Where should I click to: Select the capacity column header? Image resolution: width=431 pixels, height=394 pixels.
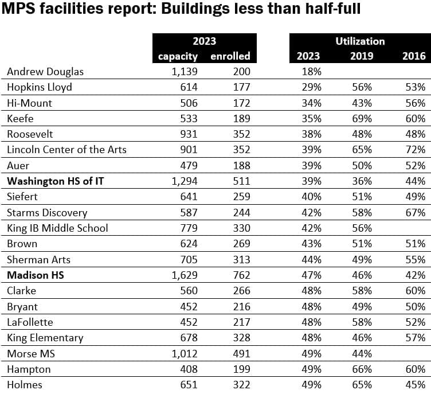[x=178, y=56]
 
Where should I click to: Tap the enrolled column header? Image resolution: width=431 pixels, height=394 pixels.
[x=230, y=56]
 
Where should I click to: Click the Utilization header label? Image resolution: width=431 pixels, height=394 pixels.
[x=360, y=41]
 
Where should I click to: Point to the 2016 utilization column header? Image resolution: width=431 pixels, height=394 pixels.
[x=414, y=56]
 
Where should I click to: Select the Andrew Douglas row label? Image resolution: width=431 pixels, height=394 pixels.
[x=45, y=72]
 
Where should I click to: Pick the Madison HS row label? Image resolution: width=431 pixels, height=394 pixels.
[x=35, y=275]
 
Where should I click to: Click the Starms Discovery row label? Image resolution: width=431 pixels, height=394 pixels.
[x=47, y=213]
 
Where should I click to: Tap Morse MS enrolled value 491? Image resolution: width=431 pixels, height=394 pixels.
[x=241, y=353]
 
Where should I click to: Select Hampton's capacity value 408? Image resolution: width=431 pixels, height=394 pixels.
[x=189, y=369]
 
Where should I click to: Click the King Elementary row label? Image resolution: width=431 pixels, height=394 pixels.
[x=45, y=338]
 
